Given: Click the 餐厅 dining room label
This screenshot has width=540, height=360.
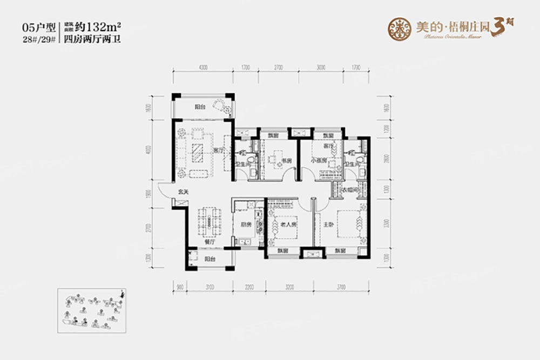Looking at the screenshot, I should coord(210,243).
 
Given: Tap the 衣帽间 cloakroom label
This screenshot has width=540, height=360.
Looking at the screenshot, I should coord(346,189).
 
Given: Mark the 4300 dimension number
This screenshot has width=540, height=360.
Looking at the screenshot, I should coord(203,69).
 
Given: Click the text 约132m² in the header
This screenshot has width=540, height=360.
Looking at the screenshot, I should coord(100,26).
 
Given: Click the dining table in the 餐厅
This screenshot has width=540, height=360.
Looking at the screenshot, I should coord(210,221).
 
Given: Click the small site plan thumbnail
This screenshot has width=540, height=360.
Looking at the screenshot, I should coord(92,309).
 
